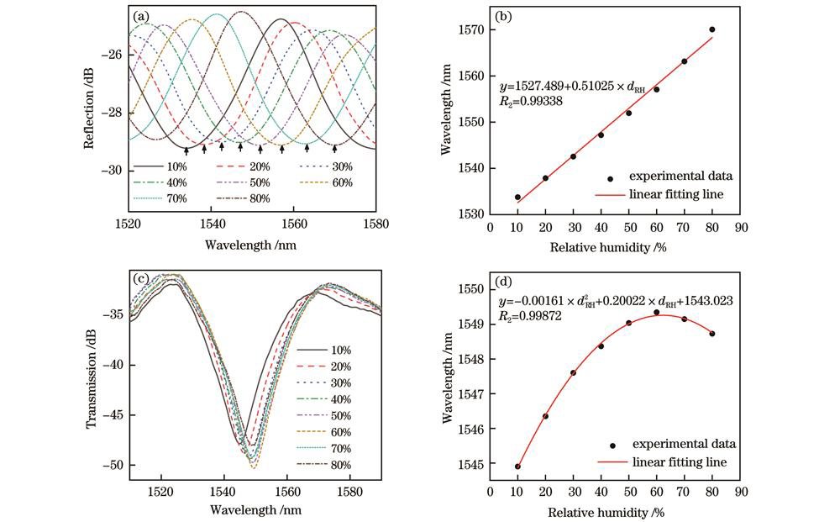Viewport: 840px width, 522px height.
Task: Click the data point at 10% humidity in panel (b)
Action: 517,198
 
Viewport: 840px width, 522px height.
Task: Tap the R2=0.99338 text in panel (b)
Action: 531,102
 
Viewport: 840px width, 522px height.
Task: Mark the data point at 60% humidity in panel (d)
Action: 656,313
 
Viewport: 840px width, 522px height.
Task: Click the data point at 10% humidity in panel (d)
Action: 517,467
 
